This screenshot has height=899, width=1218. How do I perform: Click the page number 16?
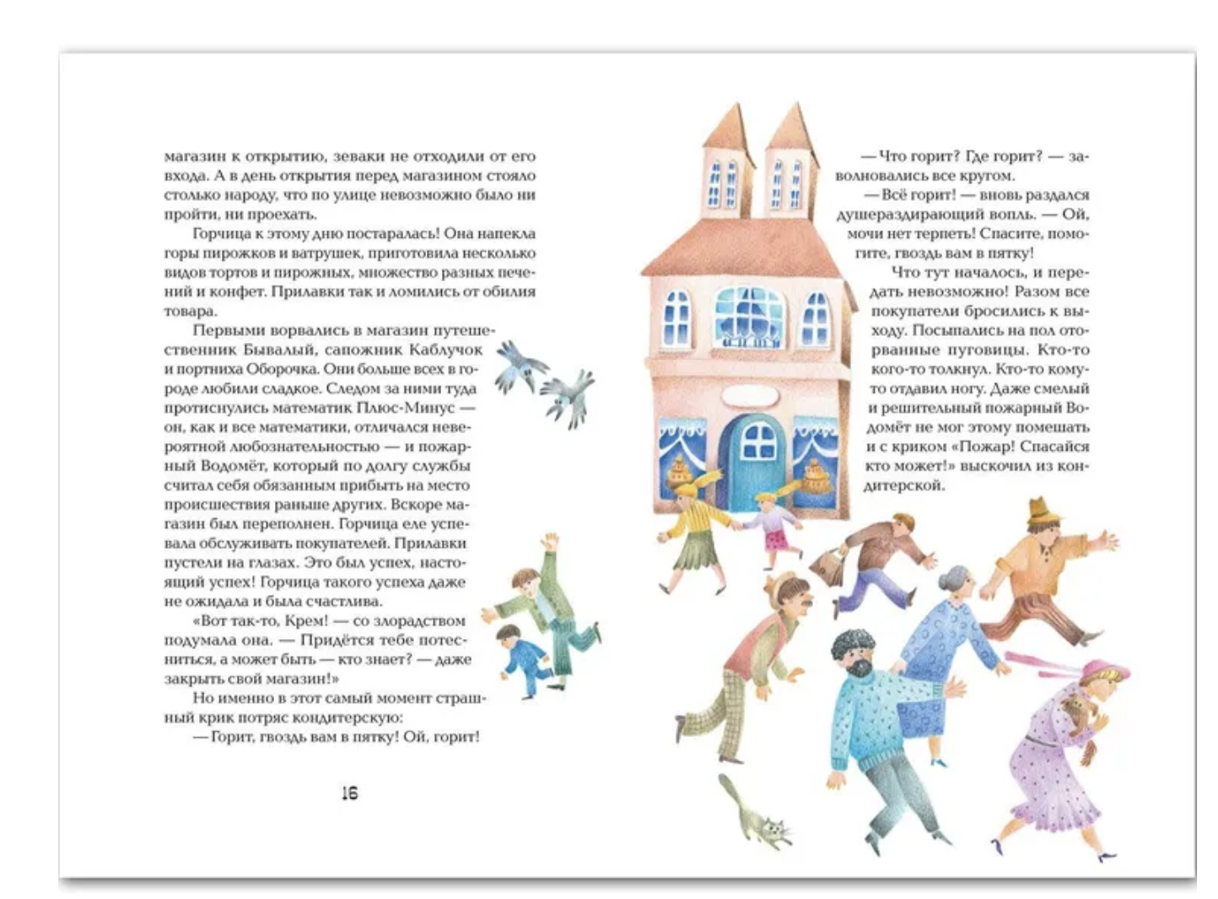pyautogui.click(x=349, y=793)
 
